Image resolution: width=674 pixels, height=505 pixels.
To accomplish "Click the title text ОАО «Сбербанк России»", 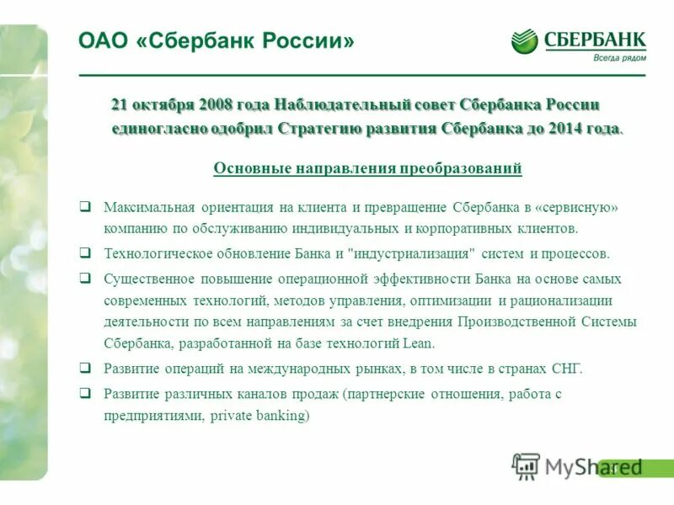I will [217, 40].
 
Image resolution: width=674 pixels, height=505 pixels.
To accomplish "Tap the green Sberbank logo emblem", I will [524, 40].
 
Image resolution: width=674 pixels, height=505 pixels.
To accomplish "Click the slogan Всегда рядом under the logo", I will [619, 57].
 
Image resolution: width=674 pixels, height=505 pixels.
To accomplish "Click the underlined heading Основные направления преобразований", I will [367, 168].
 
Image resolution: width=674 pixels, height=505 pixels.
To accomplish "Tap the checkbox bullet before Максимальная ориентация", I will [85, 206].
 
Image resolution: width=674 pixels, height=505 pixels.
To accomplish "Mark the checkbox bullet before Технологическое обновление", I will [85, 252].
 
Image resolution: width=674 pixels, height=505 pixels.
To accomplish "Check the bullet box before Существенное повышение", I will [85, 278].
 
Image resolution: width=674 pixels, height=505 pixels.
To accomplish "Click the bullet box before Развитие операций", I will [85, 368].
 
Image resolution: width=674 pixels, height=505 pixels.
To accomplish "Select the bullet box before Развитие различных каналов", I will [85, 392].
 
